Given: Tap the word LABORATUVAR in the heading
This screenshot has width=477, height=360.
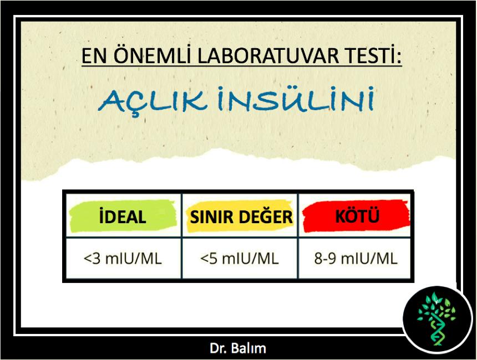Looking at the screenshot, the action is point(268,56).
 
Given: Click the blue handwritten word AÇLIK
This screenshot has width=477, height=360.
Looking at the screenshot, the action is point(153,101).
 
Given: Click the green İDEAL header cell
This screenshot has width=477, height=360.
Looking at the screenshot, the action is point(124,215).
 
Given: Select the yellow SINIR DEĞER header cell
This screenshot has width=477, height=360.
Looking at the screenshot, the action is point(240,215).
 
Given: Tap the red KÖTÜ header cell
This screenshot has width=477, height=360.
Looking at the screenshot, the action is point(355,215).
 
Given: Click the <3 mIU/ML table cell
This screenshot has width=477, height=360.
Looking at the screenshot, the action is point(124,259).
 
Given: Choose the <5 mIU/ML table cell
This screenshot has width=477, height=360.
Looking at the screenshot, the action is point(240,259).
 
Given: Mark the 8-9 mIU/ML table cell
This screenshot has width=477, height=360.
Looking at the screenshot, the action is point(355,259).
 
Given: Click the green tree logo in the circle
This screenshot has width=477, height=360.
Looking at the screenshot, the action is point(437,318).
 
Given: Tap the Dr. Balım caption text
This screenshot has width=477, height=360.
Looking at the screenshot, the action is point(238,348).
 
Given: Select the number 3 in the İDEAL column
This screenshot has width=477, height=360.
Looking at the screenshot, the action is point(96,259).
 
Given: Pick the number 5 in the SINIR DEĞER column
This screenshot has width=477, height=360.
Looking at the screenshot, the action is point(213,259).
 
